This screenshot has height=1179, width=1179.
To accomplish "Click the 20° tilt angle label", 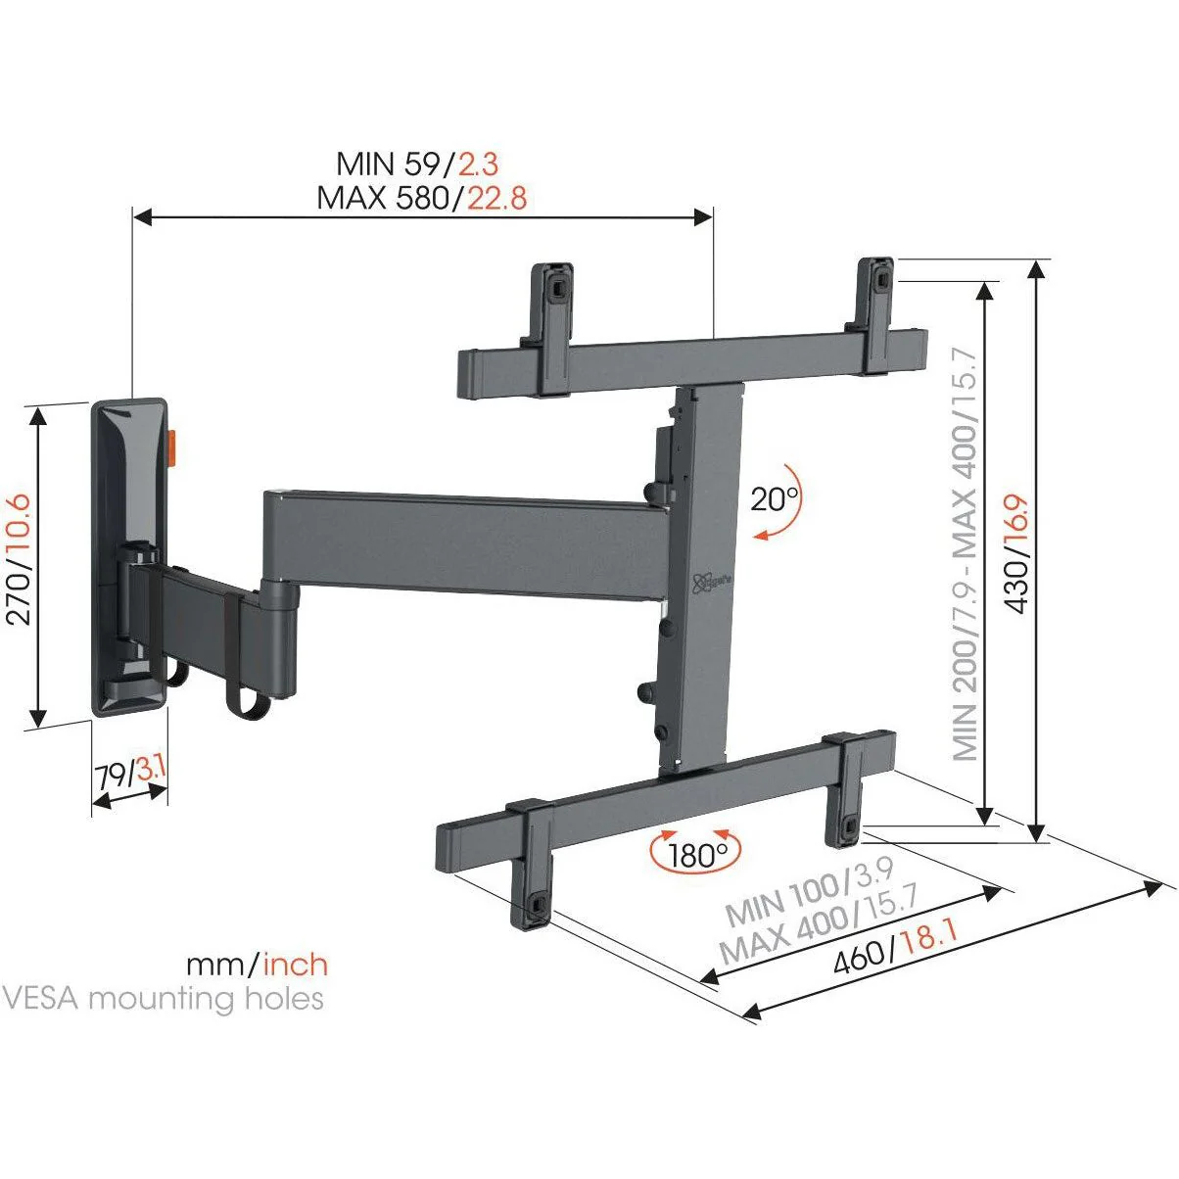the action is pyautogui.click(x=775, y=499).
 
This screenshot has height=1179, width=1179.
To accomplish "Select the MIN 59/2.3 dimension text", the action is pyautogui.click(x=417, y=164).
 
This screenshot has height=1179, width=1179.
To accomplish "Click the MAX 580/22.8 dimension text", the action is pyautogui.click(x=421, y=198).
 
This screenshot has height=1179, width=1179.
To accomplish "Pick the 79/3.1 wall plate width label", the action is pyautogui.click(x=130, y=774).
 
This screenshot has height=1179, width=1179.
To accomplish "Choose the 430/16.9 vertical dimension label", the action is pyautogui.click(x=1016, y=553).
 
